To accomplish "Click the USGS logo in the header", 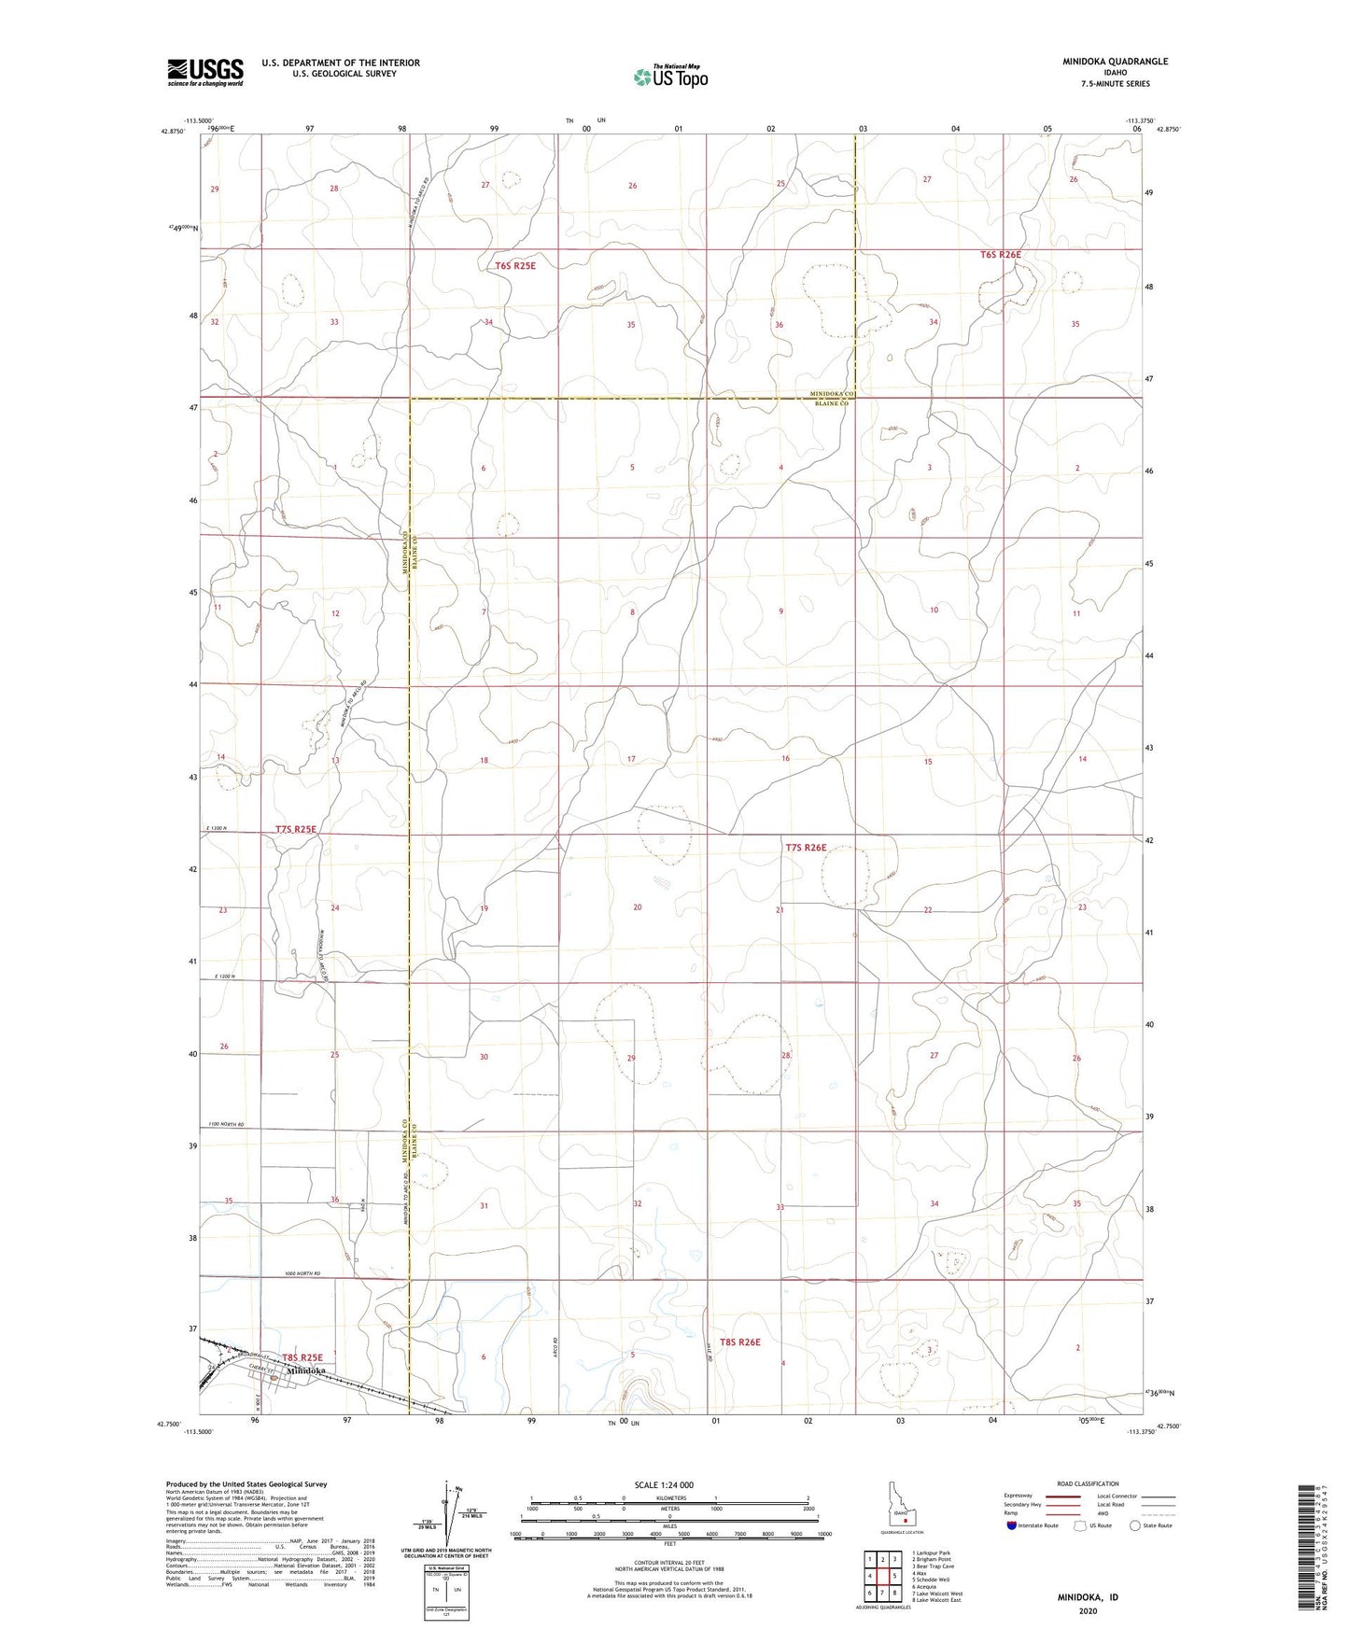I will [205, 72].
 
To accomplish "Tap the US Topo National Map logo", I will [669, 77].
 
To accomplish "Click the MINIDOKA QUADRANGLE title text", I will [1114, 62].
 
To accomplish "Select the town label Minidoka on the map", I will [306, 1371].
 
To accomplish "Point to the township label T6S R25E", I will [515, 265].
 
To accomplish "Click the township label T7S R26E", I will [806, 848].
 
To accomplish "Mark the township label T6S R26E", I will [1000, 254].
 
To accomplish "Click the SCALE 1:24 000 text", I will [663, 1485].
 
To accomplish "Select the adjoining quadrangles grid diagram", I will [882, 1577].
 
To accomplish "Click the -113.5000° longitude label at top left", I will [198, 120].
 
